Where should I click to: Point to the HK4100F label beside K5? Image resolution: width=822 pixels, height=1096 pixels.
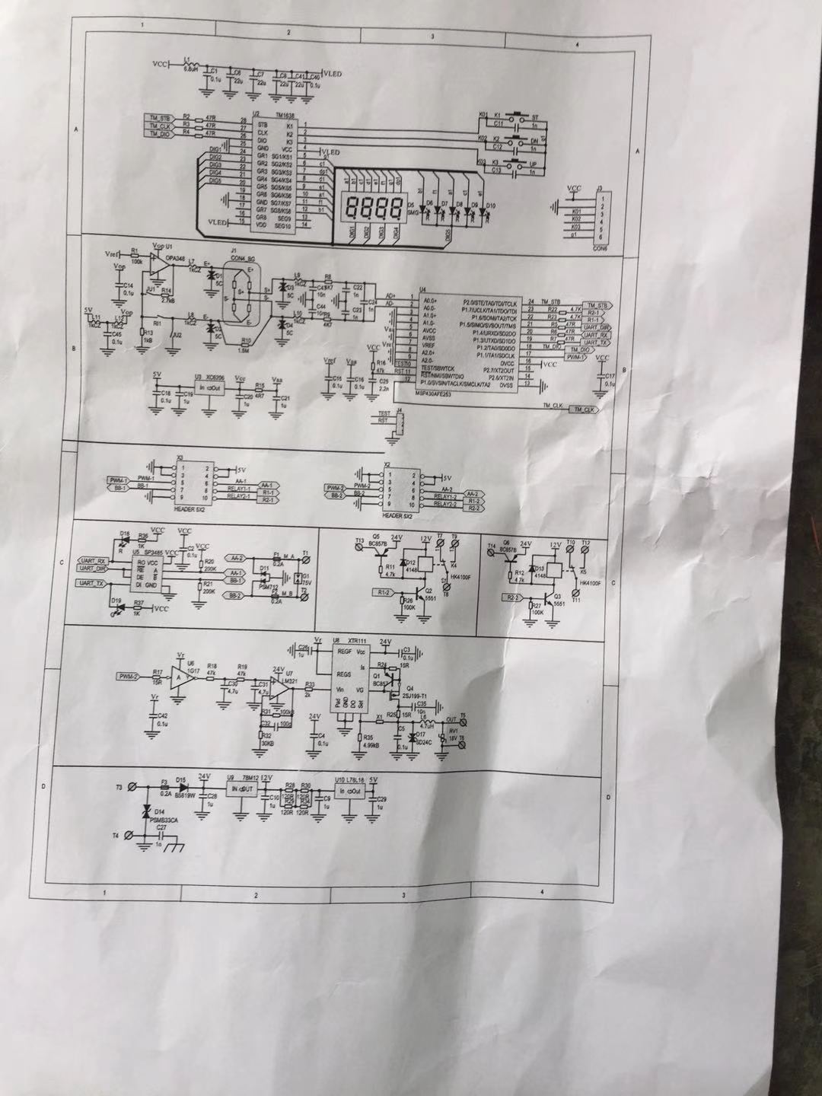pos(591,583)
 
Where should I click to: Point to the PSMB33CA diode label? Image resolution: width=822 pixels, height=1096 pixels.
pos(164,821)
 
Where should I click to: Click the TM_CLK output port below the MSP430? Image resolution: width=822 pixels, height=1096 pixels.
pos(587,410)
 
